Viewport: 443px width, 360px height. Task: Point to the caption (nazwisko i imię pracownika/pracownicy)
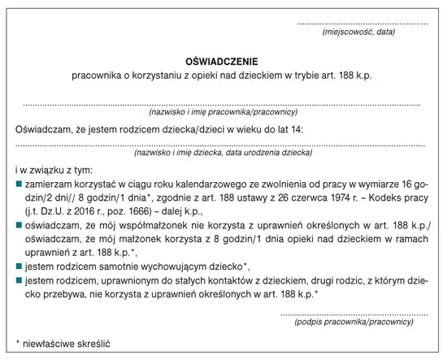[x=222, y=111]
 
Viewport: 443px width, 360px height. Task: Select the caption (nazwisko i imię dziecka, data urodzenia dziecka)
[x=221, y=152]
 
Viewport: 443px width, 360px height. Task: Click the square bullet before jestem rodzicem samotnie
[x=19, y=267]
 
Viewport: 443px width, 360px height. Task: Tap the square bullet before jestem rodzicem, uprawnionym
[x=19, y=280]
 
